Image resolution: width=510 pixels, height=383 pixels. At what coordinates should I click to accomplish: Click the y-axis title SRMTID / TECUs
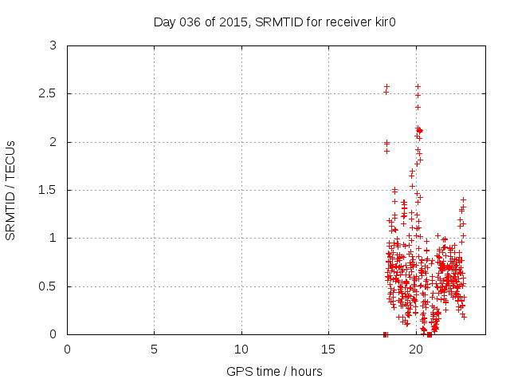click(11, 191)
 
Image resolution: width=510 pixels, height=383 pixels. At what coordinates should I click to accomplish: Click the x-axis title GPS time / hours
click(274, 371)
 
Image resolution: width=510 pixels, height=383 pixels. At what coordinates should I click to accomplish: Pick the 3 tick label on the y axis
click(53, 46)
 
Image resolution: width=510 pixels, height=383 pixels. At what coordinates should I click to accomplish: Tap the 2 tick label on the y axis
click(53, 142)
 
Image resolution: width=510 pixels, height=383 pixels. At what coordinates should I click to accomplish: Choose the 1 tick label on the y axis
click(53, 238)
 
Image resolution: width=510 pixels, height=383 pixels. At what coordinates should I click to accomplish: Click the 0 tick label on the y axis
click(53, 334)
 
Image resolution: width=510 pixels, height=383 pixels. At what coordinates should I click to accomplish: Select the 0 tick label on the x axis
click(67, 349)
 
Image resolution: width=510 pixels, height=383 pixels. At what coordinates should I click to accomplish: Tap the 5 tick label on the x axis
click(154, 349)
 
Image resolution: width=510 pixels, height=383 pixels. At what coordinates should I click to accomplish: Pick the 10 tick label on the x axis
click(241, 349)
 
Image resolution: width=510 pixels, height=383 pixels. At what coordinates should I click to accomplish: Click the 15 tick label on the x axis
click(328, 349)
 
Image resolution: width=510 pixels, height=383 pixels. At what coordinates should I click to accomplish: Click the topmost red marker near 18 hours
click(386, 86)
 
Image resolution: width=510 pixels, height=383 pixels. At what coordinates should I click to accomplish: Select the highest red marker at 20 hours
click(418, 86)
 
